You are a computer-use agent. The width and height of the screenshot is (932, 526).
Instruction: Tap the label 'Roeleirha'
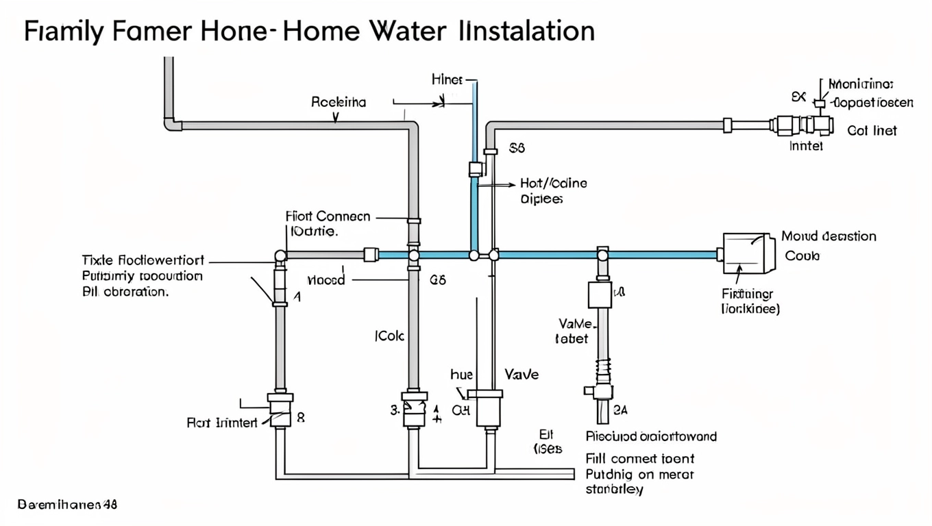click(x=339, y=103)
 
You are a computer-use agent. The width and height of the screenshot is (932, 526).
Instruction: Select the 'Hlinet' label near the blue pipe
click(x=447, y=79)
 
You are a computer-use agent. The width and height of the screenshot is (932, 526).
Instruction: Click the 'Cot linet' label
click(x=872, y=130)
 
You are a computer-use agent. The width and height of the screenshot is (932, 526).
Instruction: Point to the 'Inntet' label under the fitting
click(x=806, y=146)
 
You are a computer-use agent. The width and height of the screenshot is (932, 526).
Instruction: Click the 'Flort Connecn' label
click(x=328, y=216)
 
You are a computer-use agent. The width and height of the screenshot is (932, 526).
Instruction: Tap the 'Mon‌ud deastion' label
click(x=829, y=236)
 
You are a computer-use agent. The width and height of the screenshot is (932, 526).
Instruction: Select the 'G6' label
click(x=437, y=280)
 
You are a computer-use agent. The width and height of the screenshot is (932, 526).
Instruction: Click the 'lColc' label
click(x=389, y=336)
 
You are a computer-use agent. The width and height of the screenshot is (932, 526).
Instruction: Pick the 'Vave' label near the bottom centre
click(x=522, y=375)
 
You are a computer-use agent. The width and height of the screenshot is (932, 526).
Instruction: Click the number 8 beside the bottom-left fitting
click(x=300, y=416)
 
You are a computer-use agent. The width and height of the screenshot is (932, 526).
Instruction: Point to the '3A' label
click(x=620, y=410)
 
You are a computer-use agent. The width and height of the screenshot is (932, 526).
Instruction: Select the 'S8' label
click(x=517, y=148)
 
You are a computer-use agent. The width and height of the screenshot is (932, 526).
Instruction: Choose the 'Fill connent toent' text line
click(x=640, y=458)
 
